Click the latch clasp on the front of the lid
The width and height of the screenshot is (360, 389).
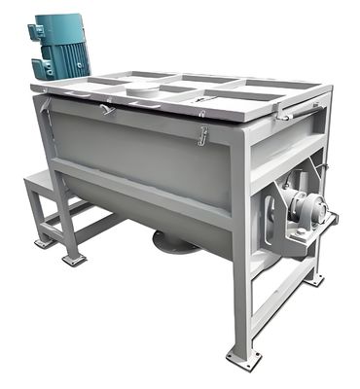(202, 136)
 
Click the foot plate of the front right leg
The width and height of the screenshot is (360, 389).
(242, 357)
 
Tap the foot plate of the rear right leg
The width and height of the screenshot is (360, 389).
(313, 279)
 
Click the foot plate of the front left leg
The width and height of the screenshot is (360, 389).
(74, 260)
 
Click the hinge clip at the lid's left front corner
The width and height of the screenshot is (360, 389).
(105, 109)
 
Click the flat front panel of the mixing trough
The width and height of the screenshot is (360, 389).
(146, 146)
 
